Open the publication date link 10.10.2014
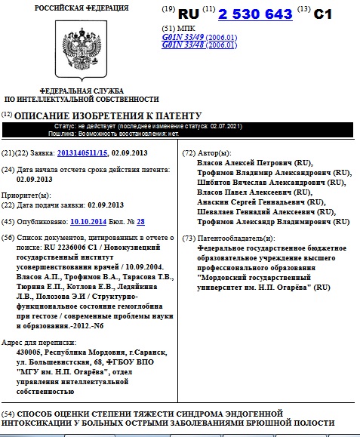[x=89, y=221]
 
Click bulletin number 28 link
[x=140, y=221]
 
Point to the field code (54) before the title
[x=8, y=414]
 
